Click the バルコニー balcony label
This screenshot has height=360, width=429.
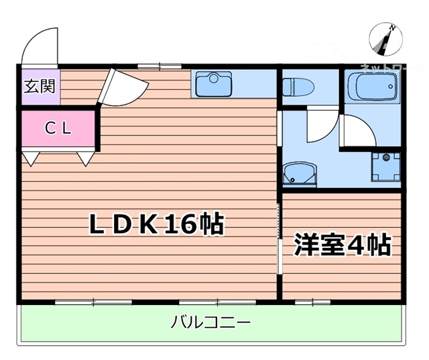tap(210, 323)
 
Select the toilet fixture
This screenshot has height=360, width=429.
tap(296, 86)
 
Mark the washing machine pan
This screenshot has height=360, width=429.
tap(385, 165)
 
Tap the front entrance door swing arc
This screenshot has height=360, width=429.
tap(39, 46)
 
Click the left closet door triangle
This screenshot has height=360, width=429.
tap(32, 158)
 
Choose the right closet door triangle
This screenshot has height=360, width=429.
tap(85, 158)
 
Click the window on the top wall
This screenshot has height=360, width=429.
tap(159, 66)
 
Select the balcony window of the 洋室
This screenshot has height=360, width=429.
tap(312, 302)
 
